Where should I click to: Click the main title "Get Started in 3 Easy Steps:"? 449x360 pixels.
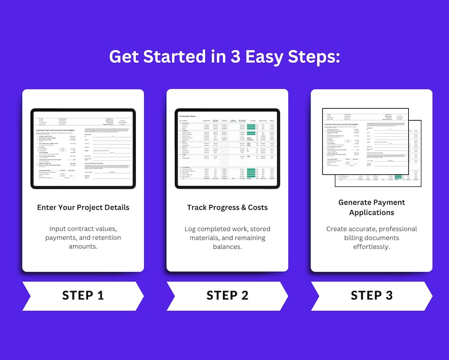(224, 57)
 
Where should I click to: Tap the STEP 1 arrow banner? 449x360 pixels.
(83, 295)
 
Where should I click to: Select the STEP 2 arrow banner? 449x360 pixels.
(227, 295)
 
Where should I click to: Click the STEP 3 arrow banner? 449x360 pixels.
(371, 295)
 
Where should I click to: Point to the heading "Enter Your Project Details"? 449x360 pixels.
(83, 208)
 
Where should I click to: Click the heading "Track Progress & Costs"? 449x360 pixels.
(227, 208)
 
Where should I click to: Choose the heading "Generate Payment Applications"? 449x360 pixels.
(372, 207)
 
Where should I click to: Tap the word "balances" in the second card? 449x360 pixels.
(227, 247)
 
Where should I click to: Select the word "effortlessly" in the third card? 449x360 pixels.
(372, 247)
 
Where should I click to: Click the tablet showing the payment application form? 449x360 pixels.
(83, 149)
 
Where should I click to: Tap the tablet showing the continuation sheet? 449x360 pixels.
(227, 149)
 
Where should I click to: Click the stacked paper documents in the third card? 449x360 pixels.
(372, 147)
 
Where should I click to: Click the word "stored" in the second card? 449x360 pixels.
(260, 229)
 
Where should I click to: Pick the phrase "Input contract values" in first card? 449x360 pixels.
(72, 229)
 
